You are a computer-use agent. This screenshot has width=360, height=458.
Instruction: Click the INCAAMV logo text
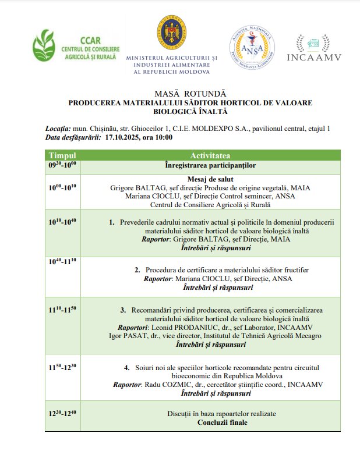tap(314, 56)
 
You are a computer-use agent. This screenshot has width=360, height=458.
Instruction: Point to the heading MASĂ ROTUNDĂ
tap(190, 93)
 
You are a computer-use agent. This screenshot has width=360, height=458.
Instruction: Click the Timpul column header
tap(62, 156)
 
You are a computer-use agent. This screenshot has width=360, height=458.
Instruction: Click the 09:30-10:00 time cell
tap(62, 165)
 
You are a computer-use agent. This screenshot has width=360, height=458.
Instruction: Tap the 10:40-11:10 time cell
tap(62, 262)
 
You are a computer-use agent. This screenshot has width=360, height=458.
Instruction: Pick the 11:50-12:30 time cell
tap(62, 368)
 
